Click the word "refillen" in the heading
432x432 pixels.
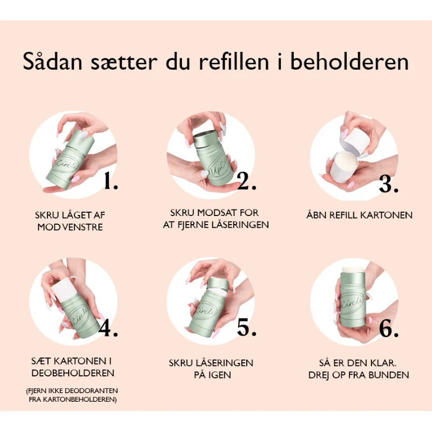tap(234, 62)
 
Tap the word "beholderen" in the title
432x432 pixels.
tap(349, 62)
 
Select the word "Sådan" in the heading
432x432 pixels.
tap(52, 62)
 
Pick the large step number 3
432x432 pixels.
tap(388, 184)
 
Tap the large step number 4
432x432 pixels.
tap(108, 328)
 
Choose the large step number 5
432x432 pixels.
tap(247, 327)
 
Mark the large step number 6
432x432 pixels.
tap(389, 329)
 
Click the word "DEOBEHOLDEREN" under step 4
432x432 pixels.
tap(73, 373)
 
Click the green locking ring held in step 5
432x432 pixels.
tap(218, 285)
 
